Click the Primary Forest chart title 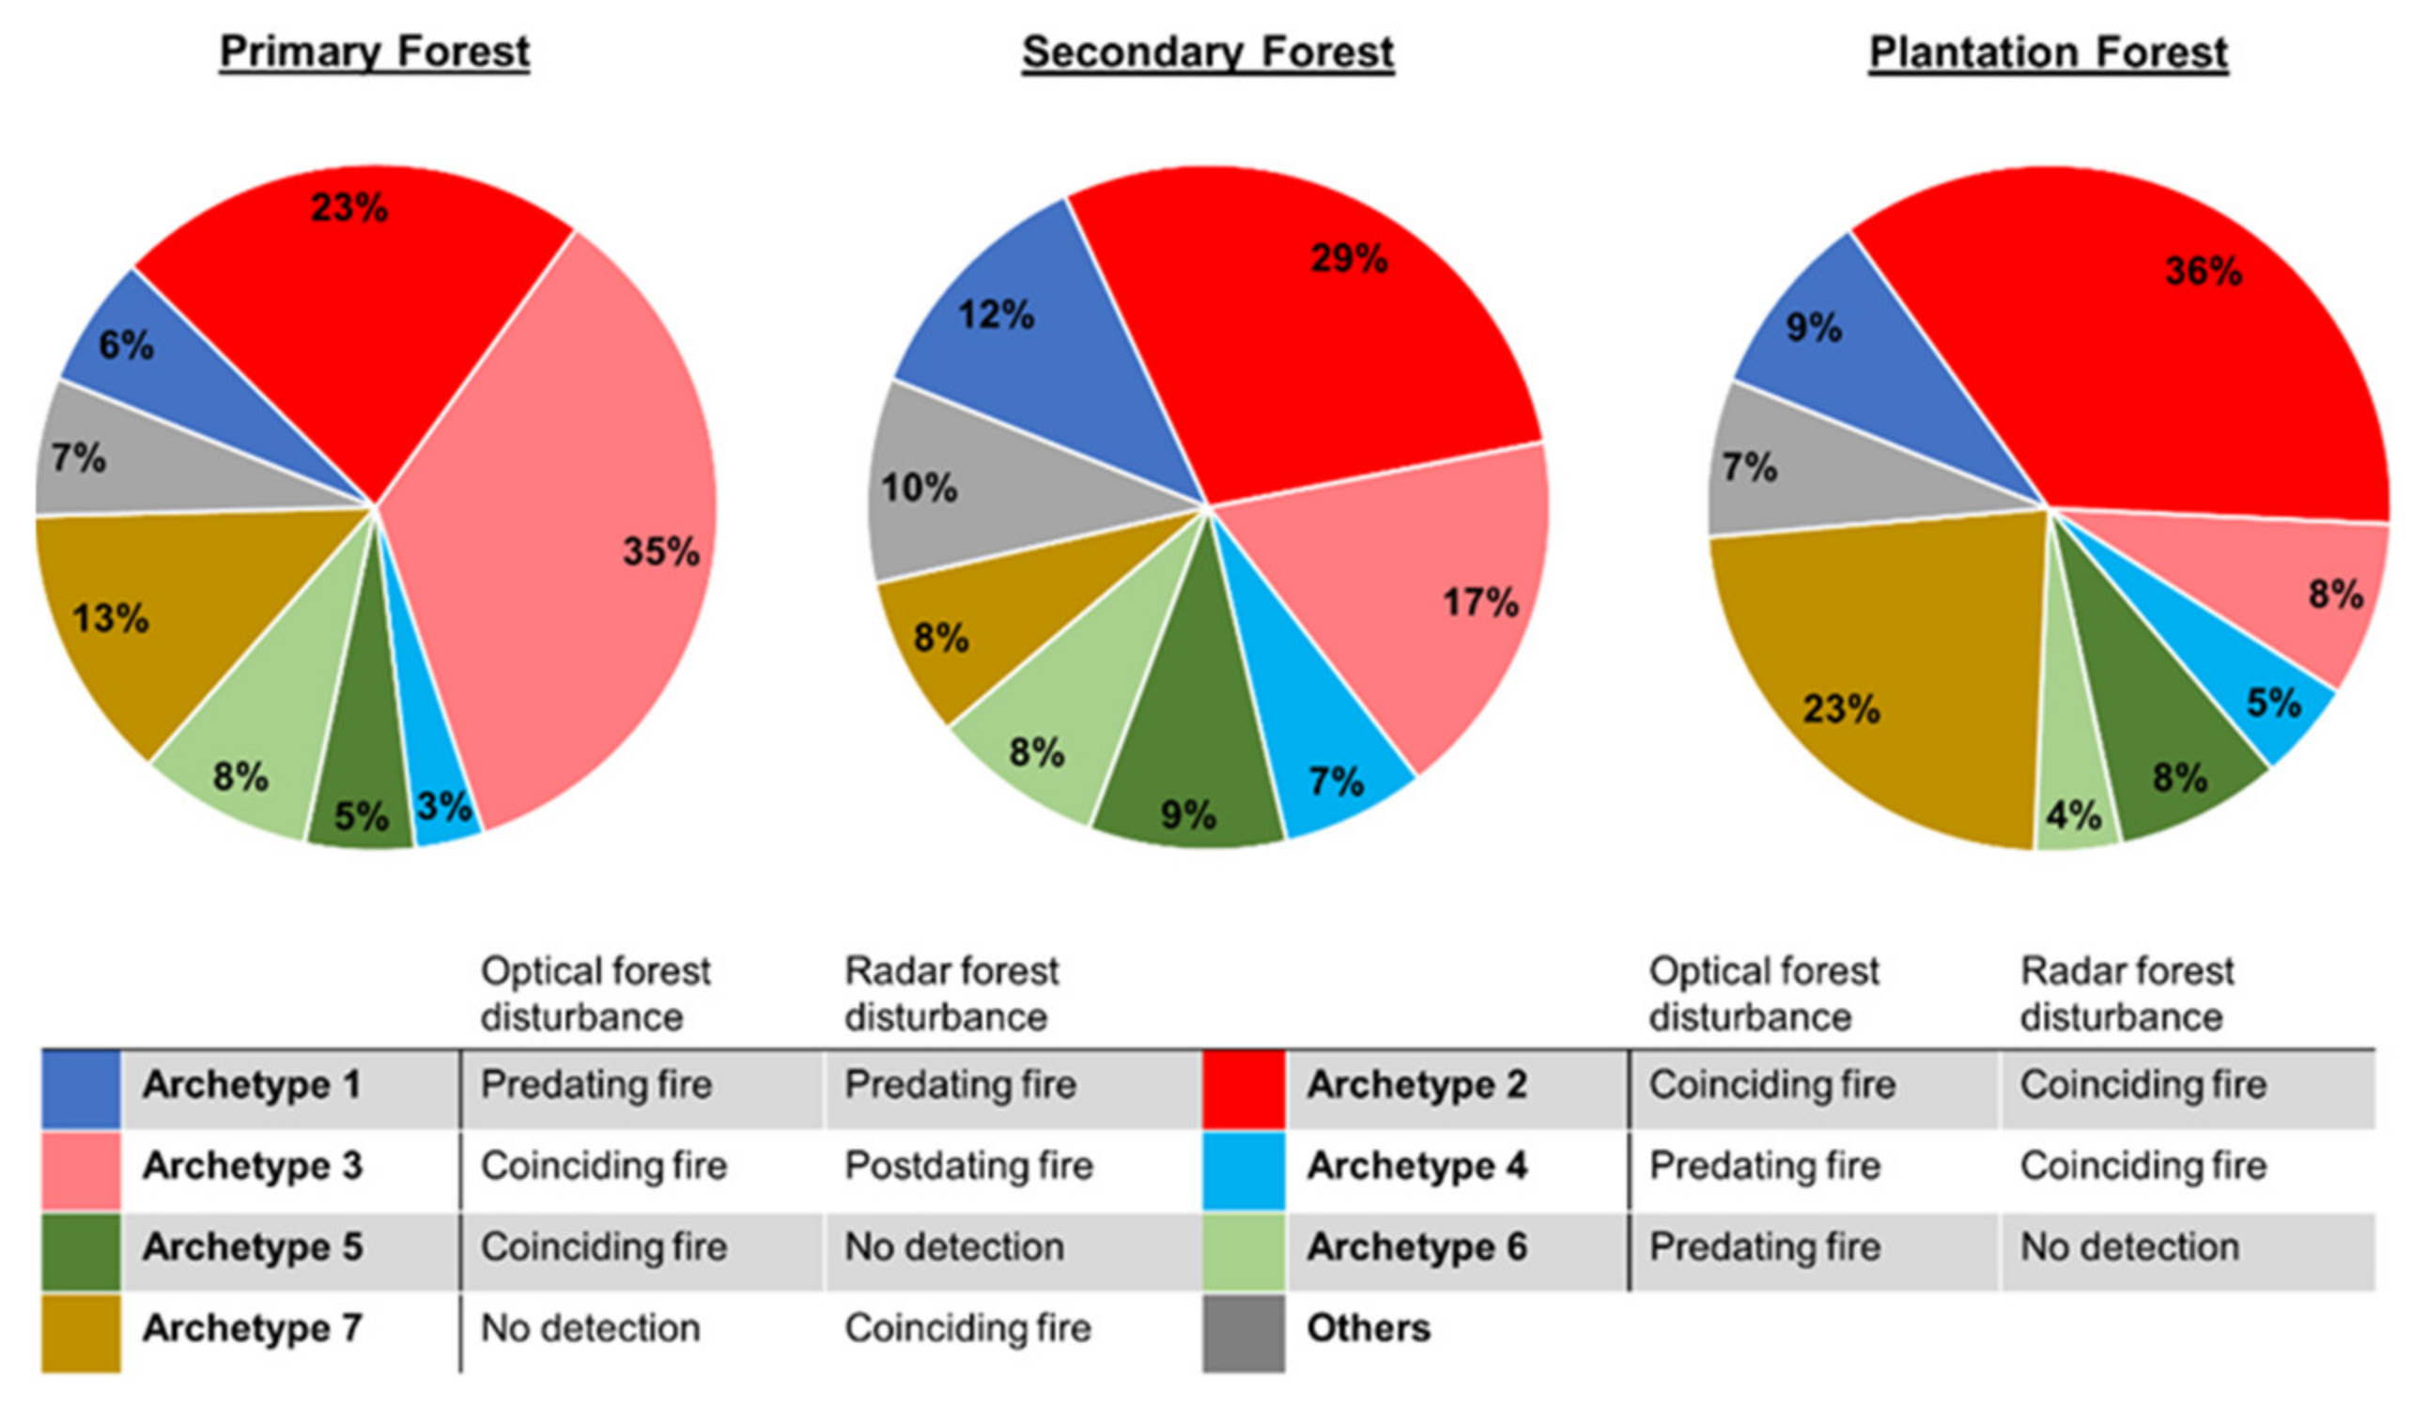[374, 52]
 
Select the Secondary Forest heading [1207, 52]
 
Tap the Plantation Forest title [2049, 52]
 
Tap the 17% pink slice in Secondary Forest [1427, 617]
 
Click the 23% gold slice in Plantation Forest [1880, 674]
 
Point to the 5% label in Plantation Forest [2273, 703]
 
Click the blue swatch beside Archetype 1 [81, 1089]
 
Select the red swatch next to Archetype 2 [1244, 1089]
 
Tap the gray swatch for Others [1244, 1333]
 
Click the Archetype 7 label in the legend [253, 1329]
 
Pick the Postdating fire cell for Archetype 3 [968, 1166]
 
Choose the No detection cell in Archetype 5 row [954, 1247]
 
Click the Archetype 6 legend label [1416, 1247]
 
